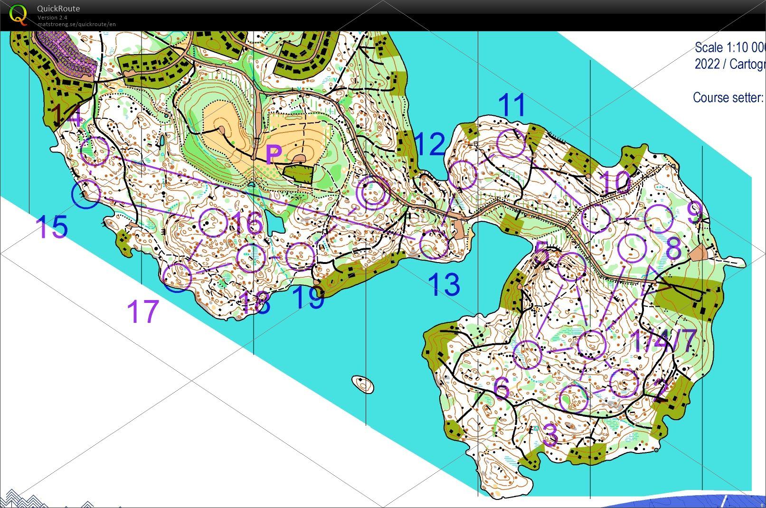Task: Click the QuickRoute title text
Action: (58, 9)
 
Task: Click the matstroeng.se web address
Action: (76, 24)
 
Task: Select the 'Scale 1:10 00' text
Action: (729, 47)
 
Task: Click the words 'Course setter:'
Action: (728, 97)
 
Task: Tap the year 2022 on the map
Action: (708, 64)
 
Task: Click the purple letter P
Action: (274, 154)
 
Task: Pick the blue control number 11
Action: (512, 105)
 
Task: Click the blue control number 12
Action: (430, 144)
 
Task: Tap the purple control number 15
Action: (51, 227)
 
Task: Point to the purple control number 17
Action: (142, 311)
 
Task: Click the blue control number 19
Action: (308, 298)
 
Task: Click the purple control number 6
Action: (501, 388)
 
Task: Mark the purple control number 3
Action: (550, 434)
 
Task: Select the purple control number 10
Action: (615, 182)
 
